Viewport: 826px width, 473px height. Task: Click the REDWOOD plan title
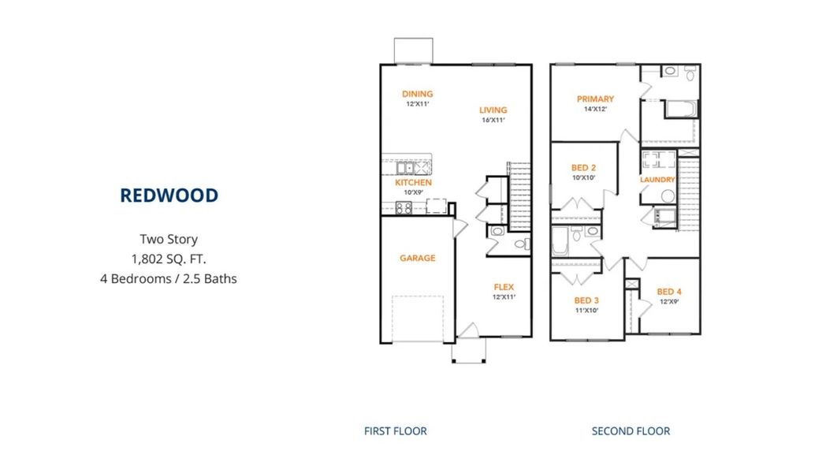(169, 196)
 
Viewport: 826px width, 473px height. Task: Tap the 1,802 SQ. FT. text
(169, 259)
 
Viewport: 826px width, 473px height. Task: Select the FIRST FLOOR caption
(396, 431)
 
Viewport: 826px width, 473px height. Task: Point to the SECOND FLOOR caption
(631, 431)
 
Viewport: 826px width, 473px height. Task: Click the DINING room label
(418, 94)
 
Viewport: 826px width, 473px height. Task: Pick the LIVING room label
(493, 110)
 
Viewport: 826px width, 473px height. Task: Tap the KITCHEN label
(414, 182)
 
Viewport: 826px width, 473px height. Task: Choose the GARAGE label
(418, 258)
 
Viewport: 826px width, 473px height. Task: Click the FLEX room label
(504, 287)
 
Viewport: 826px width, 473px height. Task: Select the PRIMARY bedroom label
(595, 99)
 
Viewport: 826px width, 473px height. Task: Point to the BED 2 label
(584, 168)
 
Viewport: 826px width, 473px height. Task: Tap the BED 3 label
(586, 301)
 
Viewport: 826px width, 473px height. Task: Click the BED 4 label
(669, 292)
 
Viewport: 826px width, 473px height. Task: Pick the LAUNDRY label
(657, 180)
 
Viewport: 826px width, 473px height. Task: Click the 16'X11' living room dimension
(493, 120)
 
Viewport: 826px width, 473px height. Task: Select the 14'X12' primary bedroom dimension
(595, 109)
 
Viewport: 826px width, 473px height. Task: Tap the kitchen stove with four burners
(404, 208)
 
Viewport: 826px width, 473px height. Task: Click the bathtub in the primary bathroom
(681, 109)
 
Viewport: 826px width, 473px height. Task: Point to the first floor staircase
(519, 196)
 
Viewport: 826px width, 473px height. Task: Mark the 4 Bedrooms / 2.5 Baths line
(169, 278)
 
